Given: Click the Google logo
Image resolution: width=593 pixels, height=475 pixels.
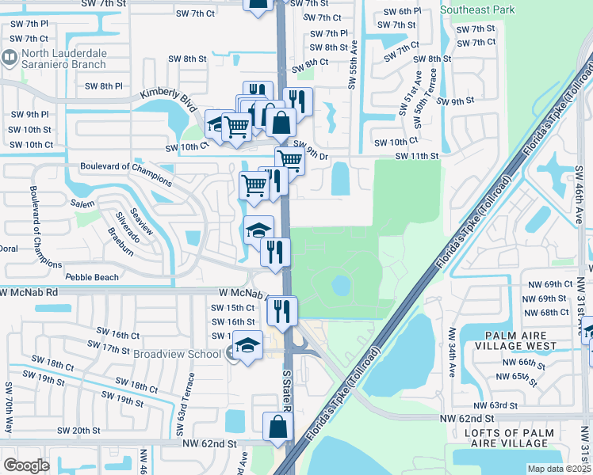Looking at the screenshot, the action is tap(26, 465).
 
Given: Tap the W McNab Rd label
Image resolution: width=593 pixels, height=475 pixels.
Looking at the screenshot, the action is tap(30, 292).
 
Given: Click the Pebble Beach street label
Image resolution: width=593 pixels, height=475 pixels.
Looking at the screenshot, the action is tap(92, 277).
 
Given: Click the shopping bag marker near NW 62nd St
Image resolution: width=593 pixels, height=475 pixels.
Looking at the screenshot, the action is tap(278, 427).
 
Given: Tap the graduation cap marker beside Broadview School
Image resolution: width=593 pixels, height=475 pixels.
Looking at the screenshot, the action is tap(247, 346).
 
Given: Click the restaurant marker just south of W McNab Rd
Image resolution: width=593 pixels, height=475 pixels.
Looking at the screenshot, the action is tap(281, 311).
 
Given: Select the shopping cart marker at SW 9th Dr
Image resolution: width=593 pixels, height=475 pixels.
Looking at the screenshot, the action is tap(290, 161).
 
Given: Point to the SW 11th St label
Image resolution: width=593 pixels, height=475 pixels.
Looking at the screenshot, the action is tap(412, 157).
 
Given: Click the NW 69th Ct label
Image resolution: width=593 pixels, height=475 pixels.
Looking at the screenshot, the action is tap(547, 283).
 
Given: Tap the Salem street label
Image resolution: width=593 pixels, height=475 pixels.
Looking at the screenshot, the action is tap(82, 203).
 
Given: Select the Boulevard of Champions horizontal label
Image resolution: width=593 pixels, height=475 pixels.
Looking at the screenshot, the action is tap(126, 167).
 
